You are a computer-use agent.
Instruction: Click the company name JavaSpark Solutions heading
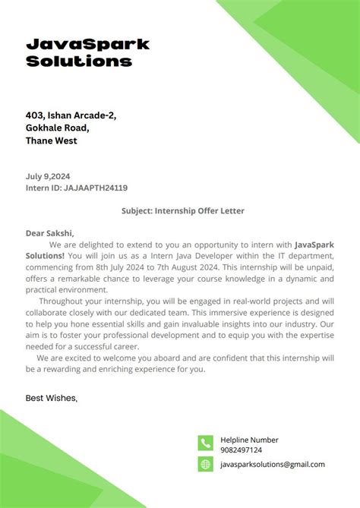tap(87, 52)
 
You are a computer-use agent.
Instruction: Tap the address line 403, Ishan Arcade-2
tap(71, 115)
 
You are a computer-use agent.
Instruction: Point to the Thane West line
tap(51, 140)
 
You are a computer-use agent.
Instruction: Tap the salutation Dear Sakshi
tap(50, 233)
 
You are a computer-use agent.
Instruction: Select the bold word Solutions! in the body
tap(46, 256)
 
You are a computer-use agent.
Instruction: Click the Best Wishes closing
tap(51, 397)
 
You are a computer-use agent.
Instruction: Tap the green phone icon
tap(205, 443)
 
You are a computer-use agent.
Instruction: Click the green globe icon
tap(205, 464)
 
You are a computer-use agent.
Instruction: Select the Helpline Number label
tap(249, 440)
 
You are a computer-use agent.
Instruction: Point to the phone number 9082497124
tap(241, 450)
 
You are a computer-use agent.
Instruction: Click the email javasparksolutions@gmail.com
tap(272, 464)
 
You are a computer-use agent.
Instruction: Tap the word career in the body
tap(124, 346)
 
